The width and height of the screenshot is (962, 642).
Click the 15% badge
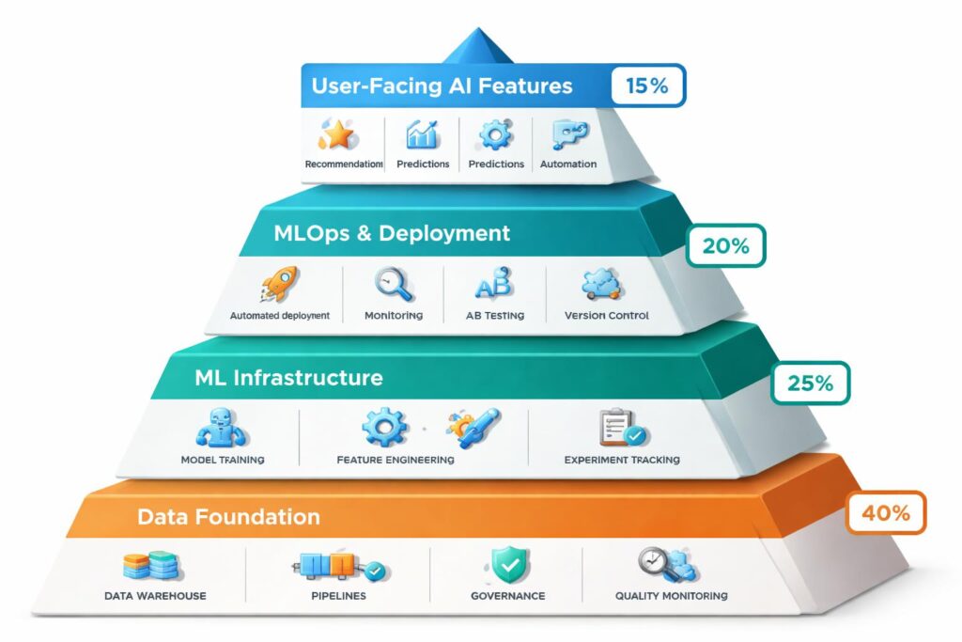[647, 86]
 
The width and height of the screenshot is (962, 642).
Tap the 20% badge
[727, 246]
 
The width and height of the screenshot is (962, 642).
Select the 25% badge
[811, 383]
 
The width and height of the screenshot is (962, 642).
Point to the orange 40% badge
[886, 513]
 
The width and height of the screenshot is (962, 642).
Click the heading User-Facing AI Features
[442, 86]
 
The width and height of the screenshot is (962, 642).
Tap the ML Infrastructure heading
[289, 378]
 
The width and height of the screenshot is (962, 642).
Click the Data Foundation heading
[228, 517]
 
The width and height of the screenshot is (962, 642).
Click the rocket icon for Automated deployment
[281, 283]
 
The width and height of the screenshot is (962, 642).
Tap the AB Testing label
[494, 316]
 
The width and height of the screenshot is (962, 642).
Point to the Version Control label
[606, 316]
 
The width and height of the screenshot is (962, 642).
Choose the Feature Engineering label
[395, 460]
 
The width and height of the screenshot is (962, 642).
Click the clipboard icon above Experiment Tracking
[621, 429]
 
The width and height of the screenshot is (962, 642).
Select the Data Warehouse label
[156, 596]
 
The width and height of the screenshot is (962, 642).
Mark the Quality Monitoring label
[671, 596]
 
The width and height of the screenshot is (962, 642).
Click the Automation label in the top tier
[568, 164]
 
